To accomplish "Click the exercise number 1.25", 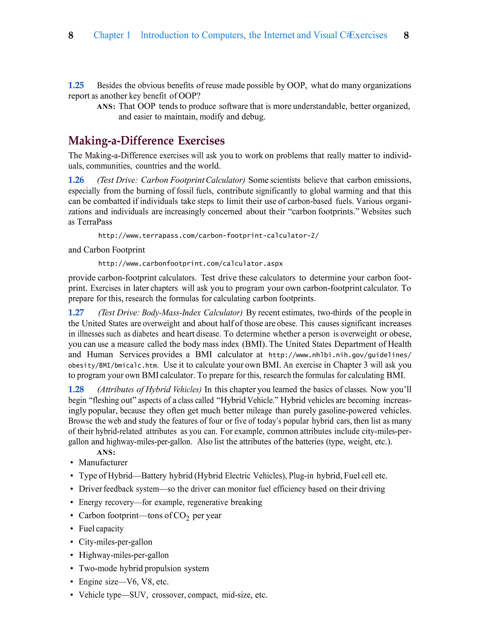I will pyautogui.click(x=76, y=85).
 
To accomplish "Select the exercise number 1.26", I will pyautogui.click(x=76, y=180).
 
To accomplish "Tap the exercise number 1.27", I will pyautogui.click(x=76, y=313).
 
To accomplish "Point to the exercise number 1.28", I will pyautogui.click(x=76, y=389).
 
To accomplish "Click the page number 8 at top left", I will pyautogui.click(x=71, y=35).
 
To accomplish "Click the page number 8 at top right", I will pyautogui.click(x=406, y=35).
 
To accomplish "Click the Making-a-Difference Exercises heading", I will pyautogui.click(x=147, y=141).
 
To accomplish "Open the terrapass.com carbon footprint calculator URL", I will pyautogui.click(x=209, y=236).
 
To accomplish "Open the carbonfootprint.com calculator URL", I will pyautogui.click(x=190, y=264).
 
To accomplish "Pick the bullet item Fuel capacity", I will pyautogui.click(x=101, y=528).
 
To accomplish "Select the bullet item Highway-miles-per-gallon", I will pyautogui.click(x=123, y=555).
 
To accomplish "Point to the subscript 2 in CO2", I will pyautogui.click(x=187, y=518).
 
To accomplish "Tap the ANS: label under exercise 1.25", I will pyautogui.click(x=106, y=107).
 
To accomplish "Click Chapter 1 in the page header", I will pyautogui.click(x=112, y=35).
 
